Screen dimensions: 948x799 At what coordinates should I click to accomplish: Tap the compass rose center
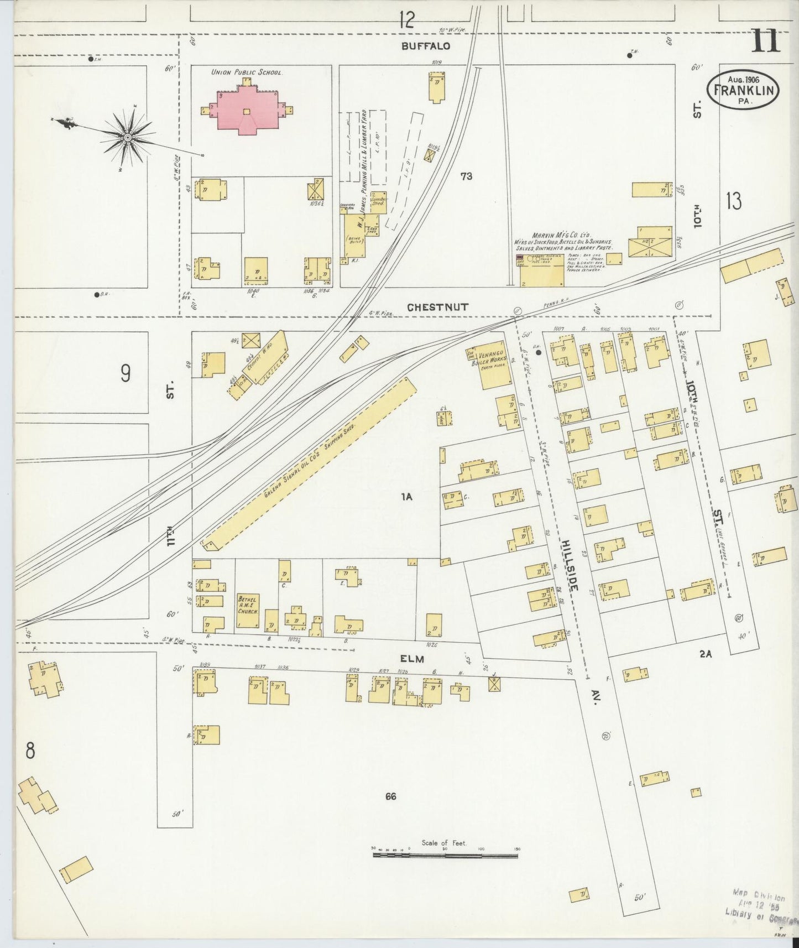pyautogui.click(x=128, y=137)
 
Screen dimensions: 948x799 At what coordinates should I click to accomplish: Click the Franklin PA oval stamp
pyautogui.click(x=743, y=88)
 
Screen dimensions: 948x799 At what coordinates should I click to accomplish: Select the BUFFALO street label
pyautogui.click(x=425, y=46)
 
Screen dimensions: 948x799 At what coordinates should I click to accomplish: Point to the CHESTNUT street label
pyautogui.click(x=438, y=307)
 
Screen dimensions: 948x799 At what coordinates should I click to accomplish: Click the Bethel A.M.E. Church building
pyautogui.click(x=248, y=611)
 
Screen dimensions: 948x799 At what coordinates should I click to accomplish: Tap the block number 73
pyautogui.click(x=466, y=176)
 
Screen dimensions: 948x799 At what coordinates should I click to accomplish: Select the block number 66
pyautogui.click(x=391, y=796)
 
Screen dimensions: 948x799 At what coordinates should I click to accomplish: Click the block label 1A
pyautogui.click(x=408, y=497)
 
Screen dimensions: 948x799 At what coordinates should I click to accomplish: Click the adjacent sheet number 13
pyautogui.click(x=734, y=202)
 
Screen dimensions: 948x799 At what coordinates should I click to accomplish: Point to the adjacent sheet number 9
pyautogui.click(x=126, y=374)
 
